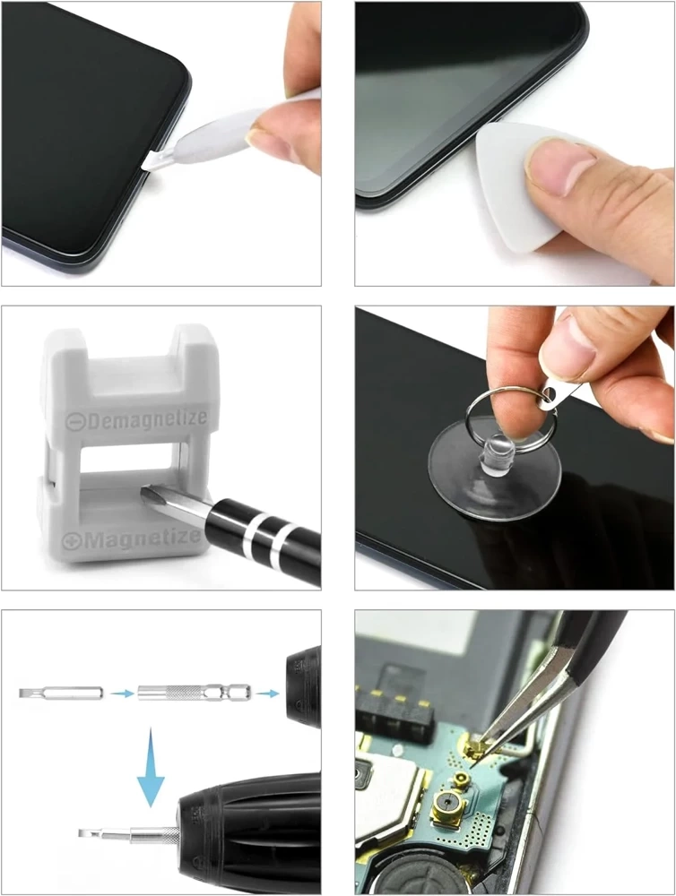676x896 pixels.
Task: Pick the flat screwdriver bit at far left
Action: point(61,694)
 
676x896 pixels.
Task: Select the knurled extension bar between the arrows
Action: point(194,694)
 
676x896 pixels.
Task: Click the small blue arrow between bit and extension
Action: point(120,694)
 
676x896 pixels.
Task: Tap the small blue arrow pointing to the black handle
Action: point(267,694)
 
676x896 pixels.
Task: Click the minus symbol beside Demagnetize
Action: point(75,422)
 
